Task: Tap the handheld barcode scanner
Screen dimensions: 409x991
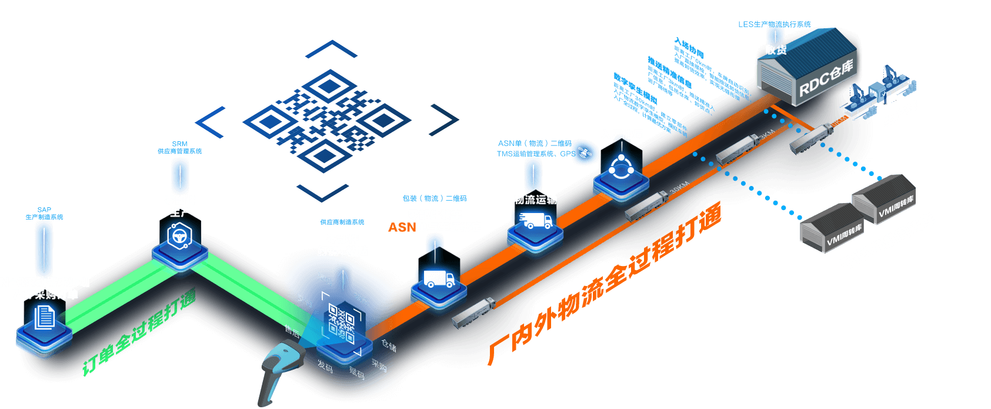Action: pyautogui.click(x=281, y=371)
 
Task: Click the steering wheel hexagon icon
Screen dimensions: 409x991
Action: pyautogui.click(x=179, y=237)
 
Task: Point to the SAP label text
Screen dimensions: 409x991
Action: pyautogui.click(x=44, y=210)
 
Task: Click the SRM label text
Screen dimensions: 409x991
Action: pyautogui.click(x=179, y=144)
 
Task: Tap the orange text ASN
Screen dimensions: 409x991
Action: pyautogui.click(x=402, y=227)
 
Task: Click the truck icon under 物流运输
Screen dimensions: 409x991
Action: pyautogui.click(x=536, y=221)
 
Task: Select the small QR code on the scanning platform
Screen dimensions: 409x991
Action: pyautogui.click(x=341, y=323)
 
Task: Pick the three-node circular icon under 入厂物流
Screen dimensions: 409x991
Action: pyautogui.click(x=620, y=168)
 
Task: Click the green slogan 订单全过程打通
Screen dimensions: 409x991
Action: pyautogui.click(x=138, y=332)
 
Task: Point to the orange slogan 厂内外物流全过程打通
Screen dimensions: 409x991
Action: pyautogui.click(x=606, y=282)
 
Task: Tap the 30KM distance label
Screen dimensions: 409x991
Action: pyautogui.click(x=679, y=188)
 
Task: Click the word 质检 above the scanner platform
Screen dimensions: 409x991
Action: pyautogui.click(x=325, y=278)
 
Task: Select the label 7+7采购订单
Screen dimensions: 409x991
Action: pyautogui.click(x=45, y=294)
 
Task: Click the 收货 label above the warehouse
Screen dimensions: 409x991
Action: pyautogui.click(x=776, y=50)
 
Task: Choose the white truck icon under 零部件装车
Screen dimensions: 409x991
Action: pyautogui.click(x=438, y=278)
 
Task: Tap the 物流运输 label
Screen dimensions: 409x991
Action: pyautogui.click(x=535, y=199)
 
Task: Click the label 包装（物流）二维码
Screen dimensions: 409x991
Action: pyautogui.click(x=434, y=198)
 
